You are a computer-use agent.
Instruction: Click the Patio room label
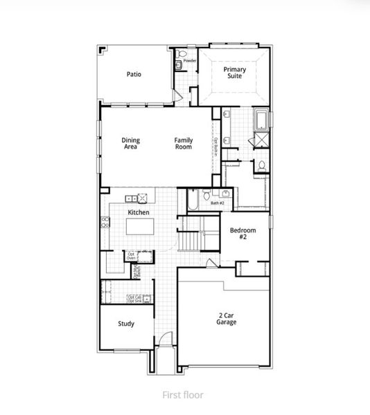pos(134,74)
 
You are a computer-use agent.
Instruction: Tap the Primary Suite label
pos(233,73)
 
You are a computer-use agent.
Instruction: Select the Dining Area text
pos(130,143)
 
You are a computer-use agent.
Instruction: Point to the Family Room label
pos(183,143)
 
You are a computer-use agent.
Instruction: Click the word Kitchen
pos(139,212)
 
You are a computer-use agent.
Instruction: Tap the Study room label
pos(125,324)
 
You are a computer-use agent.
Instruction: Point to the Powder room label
pos(190,61)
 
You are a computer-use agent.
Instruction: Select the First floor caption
pos(183,395)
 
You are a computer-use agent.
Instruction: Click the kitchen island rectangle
pos(143,226)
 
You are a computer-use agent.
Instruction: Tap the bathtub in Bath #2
pos(193,199)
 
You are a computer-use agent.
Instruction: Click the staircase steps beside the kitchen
pos(190,241)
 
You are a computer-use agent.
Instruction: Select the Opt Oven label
pos(131,256)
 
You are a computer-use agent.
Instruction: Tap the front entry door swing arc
pos(165,339)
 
